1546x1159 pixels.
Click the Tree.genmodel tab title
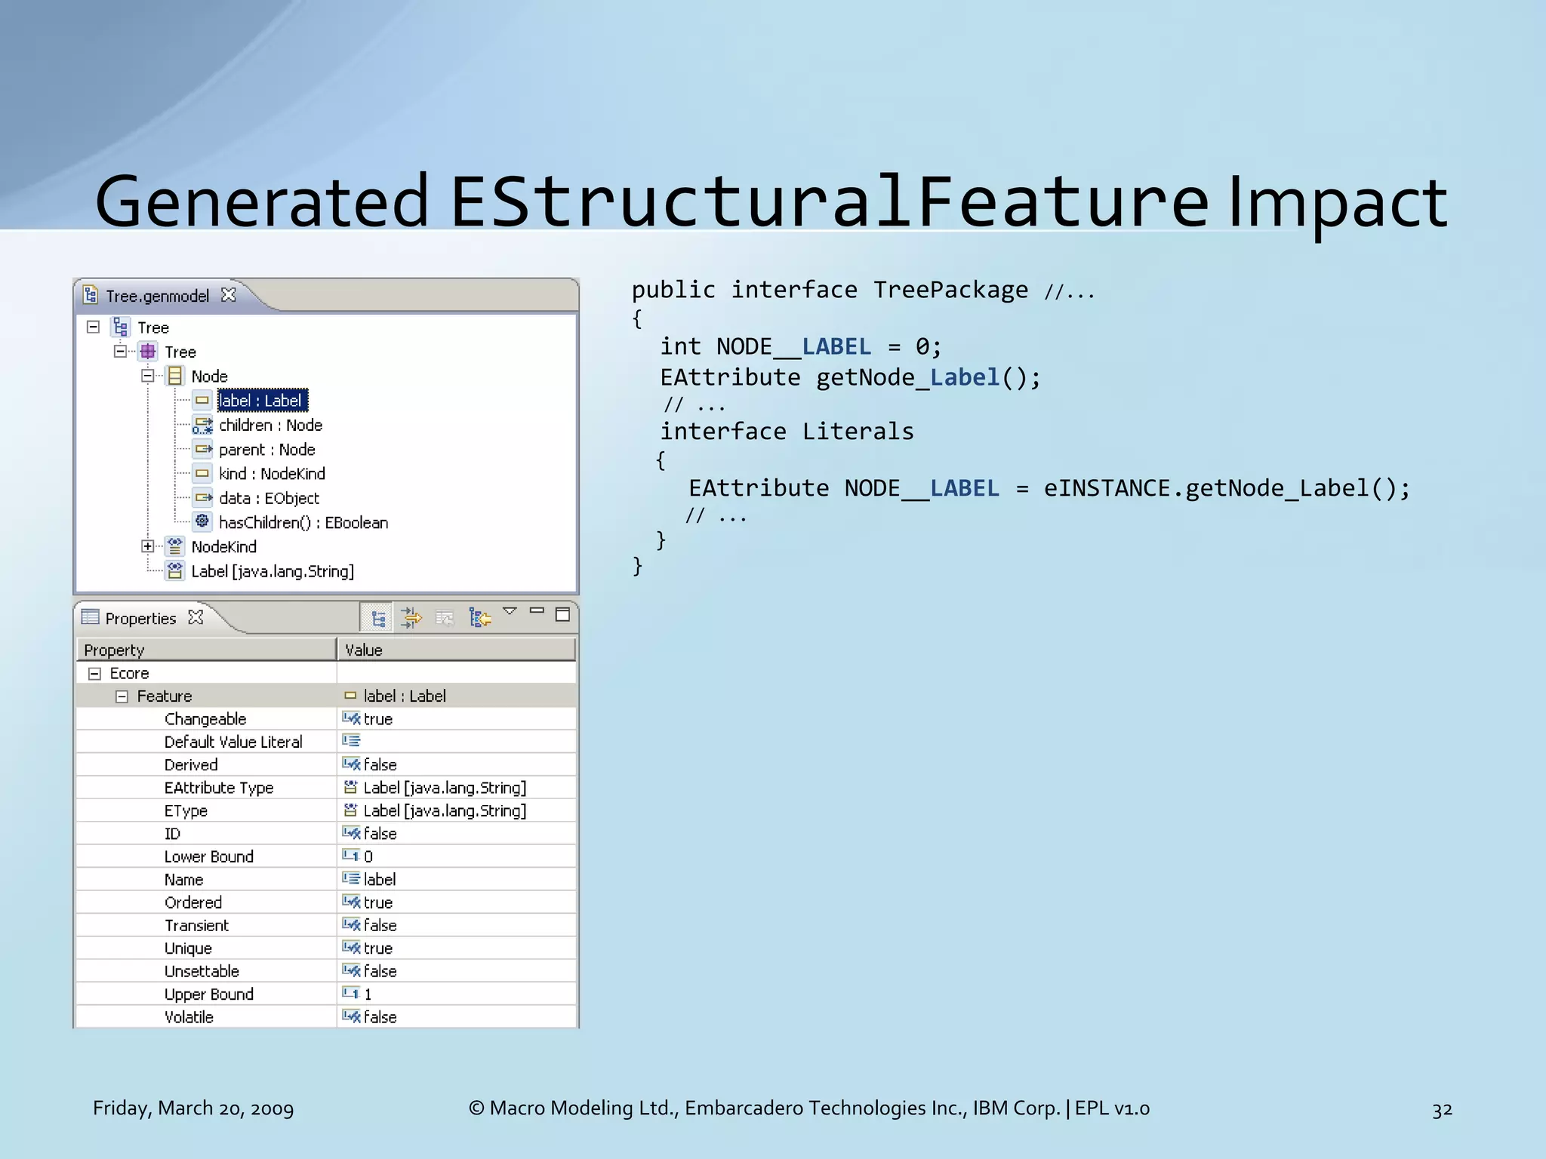(157, 296)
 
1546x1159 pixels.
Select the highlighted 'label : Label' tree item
(261, 401)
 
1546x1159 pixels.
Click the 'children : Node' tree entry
(270, 425)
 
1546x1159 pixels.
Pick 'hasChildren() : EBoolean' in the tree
(303, 522)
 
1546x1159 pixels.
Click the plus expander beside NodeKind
(148, 546)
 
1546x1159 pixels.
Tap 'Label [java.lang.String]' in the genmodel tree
(272, 571)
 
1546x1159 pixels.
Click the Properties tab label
(140, 618)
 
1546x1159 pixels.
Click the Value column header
(364, 650)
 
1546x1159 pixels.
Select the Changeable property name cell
(205, 718)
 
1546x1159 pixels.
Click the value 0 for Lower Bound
(368, 856)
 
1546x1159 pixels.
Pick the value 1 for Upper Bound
(368, 994)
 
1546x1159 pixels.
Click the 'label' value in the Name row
(379, 879)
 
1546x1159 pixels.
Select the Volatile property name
(189, 1016)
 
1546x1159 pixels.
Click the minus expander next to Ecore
(94, 673)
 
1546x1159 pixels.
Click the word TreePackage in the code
(950, 290)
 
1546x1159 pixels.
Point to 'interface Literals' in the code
(787, 432)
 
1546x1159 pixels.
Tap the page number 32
(1442, 1109)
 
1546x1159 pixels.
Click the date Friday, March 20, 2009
(193, 1108)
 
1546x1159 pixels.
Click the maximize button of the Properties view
(562, 614)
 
